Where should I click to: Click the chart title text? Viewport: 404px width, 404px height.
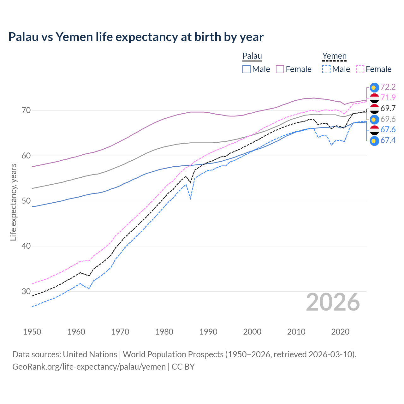136,37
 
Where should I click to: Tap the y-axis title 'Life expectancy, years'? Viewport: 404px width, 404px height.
13,202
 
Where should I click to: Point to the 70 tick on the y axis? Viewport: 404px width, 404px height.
26,110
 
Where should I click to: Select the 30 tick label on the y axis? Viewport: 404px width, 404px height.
26,291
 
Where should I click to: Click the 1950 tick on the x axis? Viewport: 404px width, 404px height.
32,332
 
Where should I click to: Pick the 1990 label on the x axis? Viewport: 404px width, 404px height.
208,332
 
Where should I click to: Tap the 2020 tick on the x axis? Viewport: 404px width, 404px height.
340,332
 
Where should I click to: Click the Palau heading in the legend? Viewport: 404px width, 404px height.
252,56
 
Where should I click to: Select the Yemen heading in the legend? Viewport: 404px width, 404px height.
334,56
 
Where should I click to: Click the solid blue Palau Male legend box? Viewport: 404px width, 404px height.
247,69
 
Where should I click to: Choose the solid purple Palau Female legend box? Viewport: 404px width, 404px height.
280,69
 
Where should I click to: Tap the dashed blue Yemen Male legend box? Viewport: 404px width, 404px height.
326,69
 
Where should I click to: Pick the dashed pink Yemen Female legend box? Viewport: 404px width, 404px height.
360,69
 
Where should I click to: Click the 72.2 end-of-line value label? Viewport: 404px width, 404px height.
388,87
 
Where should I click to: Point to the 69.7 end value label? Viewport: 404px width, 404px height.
388,108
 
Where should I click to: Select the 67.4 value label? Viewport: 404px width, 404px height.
388,140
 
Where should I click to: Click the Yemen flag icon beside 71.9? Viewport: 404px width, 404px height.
374,98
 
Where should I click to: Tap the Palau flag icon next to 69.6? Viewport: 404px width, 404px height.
374,119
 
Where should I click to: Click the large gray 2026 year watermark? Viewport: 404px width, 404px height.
333,302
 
